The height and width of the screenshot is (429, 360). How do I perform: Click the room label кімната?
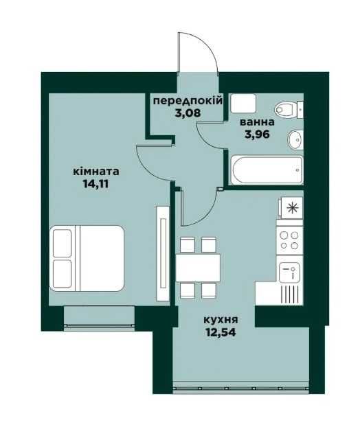pyautogui.click(x=95, y=172)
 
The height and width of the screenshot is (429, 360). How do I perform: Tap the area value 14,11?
pyautogui.click(x=95, y=184)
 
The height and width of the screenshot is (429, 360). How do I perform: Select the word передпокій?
pyautogui.click(x=188, y=101)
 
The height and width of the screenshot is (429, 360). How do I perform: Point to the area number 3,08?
pyautogui.click(x=188, y=113)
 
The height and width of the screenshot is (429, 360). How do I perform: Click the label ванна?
pyautogui.click(x=257, y=122)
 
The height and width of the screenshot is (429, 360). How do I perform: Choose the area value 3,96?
pyautogui.click(x=257, y=135)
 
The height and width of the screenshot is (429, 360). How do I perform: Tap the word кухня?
pyautogui.click(x=221, y=320)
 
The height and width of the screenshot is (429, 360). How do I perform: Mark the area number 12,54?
pyautogui.click(x=221, y=332)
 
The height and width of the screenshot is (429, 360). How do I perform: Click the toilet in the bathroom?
pyautogui.click(x=289, y=110)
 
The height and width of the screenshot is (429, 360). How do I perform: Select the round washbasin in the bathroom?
pyautogui.click(x=295, y=139)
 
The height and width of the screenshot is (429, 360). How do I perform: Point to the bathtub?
pyautogui.click(x=267, y=170)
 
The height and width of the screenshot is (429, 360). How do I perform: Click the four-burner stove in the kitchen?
pyautogui.click(x=289, y=240)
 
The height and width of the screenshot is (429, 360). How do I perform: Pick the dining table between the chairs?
pyautogui.click(x=198, y=268)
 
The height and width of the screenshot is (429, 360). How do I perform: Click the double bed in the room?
pyautogui.click(x=87, y=258)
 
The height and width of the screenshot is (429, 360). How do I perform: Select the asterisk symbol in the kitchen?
pyautogui.click(x=292, y=208)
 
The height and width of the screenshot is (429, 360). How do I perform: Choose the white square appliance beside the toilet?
pyautogui.click(x=243, y=104)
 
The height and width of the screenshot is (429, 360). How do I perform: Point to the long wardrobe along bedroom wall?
pyautogui.click(x=163, y=253)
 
